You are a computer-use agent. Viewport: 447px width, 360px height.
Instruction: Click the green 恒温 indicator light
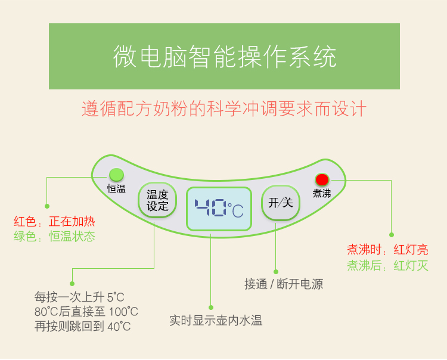click(x=116, y=175)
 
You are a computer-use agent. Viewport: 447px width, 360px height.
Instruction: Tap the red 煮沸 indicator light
click(x=322, y=180)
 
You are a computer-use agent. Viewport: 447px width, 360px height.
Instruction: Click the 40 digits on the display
click(x=210, y=208)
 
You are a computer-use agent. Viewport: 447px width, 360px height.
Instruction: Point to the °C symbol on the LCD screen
click(x=235, y=210)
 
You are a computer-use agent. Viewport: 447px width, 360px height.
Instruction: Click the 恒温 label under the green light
click(x=116, y=189)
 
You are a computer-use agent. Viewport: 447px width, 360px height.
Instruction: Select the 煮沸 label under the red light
click(x=322, y=194)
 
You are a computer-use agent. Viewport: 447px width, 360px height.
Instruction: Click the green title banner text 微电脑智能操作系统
click(x=225, y=57)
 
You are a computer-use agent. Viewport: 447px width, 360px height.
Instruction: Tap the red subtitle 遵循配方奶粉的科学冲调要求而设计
click(x=224, y=108)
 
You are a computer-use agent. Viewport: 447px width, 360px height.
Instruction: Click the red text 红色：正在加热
click(x=54, y=222)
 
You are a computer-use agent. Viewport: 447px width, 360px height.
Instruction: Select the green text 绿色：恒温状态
click(x=54, y=236)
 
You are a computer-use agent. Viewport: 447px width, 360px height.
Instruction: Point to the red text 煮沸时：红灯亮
click(x=387, y=250)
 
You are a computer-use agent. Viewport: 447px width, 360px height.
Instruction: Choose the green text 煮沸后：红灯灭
click(x=387, y=266)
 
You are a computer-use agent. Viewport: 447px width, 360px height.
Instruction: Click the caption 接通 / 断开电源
click(x=284, y=284)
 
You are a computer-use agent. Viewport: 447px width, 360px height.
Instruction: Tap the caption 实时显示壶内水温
click(x=216, y=321)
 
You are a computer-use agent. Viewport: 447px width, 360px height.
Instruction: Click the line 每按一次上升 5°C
click(x=79, y=297)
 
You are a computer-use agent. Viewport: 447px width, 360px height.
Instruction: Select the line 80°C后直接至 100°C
click(x=86, y=312)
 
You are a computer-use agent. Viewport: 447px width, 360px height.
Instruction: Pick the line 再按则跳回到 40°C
click(x=82, y=327)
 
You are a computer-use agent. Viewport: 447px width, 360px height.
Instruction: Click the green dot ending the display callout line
click(x=211, y=308)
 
